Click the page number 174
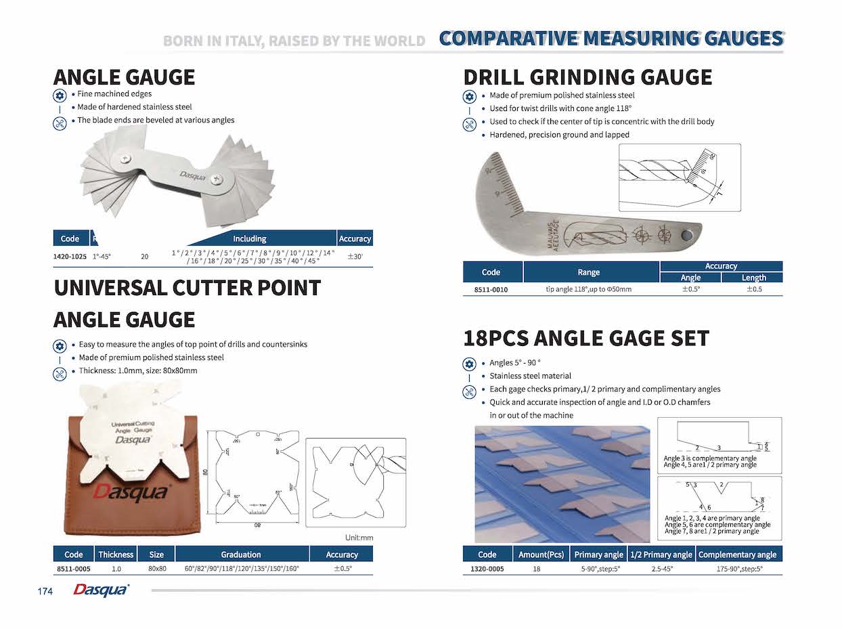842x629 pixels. tap(45, 592)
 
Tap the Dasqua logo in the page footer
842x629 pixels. tap(101, 590)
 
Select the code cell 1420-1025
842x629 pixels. tap(70, 257)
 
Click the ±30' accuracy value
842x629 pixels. tap(355, 257)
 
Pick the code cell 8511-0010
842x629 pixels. tap(491, 290)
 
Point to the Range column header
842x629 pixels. tap(588, 272)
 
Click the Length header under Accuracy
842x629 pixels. tap(753, 278)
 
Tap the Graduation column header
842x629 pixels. tap(241, 555)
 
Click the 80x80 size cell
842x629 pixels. tap(157, 569)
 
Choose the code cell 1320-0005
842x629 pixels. tap(487, 569)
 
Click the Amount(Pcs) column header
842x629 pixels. tap(541, 555)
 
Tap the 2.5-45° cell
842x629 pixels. tap(661, 569)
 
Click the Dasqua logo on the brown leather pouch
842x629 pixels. tap(130, 492)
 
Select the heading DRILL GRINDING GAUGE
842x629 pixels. tap(588, 77)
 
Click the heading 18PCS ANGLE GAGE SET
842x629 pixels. tap(586, 338)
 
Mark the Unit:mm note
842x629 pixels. tap(359, 538)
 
